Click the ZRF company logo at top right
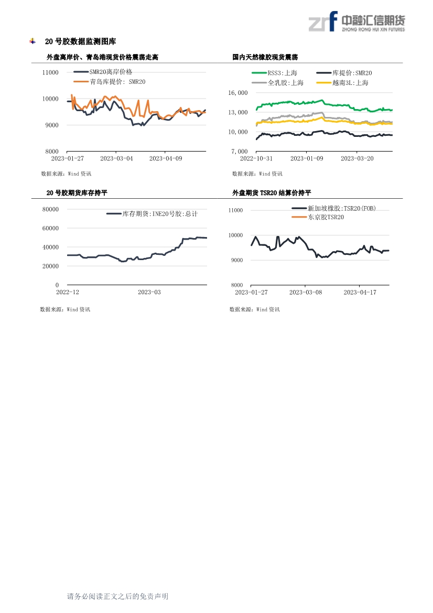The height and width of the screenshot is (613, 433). pyautogui.click(x=356, y=21)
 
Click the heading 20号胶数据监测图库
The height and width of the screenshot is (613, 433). pyautogui.click(x=81, y=41)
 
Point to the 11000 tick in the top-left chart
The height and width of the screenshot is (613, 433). pyautogui.click(x=50, y=72)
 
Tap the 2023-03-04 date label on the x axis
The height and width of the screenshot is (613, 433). pyautogui.click(x=116, y=158)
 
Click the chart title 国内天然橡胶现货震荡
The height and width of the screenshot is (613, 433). pyautogui.click(x=265, y=57)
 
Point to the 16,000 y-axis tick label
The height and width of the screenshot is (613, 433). pyautogui.click(x=238, y=93)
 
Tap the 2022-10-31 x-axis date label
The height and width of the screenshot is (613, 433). pyautogui.click(x=256, y=158)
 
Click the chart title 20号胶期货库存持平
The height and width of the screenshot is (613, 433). pyautogui.click(x=77, y=193)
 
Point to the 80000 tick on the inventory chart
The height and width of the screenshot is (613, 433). pyautogui.click(x=50, y=209)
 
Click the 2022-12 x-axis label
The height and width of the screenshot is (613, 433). pyautogui.click(x=67, y=292)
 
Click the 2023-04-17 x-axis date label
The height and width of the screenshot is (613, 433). pyautogui.click(x=360, y=292)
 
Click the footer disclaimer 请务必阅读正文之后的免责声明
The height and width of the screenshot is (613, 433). pyautogui.click(x=117, y=596)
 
